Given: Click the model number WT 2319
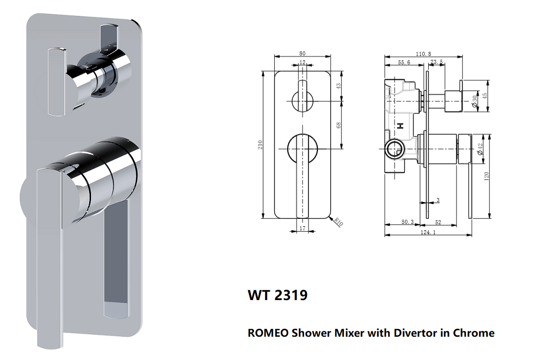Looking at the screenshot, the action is [277, 295].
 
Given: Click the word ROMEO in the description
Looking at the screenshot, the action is [268, 333].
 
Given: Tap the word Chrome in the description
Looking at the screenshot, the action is [474, 333].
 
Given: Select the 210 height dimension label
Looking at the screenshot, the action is [260, 145].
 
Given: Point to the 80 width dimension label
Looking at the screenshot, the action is [302, 53].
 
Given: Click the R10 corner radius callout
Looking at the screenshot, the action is [339, 222].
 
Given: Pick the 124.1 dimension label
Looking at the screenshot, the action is [428, 232].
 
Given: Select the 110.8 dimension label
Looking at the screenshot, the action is [423, 54].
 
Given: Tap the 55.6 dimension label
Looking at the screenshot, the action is [404, 62].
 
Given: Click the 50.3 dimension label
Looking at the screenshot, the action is [407, 222].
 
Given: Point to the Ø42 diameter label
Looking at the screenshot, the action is [480, 149].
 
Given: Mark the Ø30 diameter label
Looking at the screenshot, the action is [474, 101].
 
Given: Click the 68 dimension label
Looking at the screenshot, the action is [339, 125].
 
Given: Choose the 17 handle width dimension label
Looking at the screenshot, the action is [302, 228].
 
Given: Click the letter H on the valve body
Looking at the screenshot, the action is [401, 126].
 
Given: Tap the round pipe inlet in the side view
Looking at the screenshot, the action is [394, 149].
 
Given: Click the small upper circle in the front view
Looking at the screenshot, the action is [302, 102].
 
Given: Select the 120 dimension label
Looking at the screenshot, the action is [486, 176].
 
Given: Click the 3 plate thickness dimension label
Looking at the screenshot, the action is [438, 200].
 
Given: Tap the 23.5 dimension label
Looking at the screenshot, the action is [436, 62].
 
